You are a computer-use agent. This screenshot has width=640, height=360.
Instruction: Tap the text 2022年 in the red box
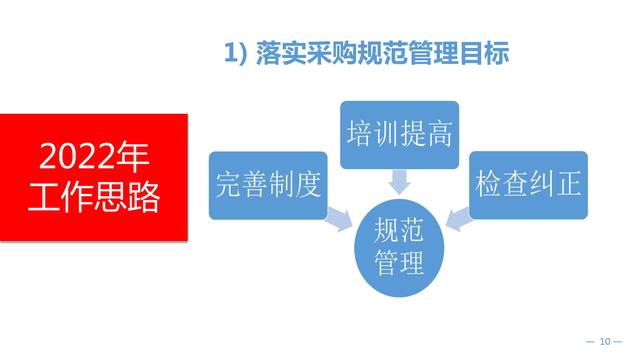pyautogui.click(x=94, y=158)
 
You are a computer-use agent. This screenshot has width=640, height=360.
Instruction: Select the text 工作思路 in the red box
pyautogui.click(x=94, y=197)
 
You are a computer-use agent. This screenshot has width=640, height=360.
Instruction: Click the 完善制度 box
pyautogui.click(x=267, y=184)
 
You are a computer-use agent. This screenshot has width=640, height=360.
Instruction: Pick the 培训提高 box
pyautogui.click(x=399, y=134)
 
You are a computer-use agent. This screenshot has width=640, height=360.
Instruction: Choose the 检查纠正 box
pyautogui.click(x=529, y=184)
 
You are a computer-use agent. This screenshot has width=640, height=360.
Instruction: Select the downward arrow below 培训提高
pyautogui.click(x=399, y=181)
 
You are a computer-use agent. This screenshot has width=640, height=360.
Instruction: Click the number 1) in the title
pyautogui.click(x=235, y=56)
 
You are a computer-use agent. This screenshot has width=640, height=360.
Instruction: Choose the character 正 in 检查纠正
pyautogui.click(x=567, y=184)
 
